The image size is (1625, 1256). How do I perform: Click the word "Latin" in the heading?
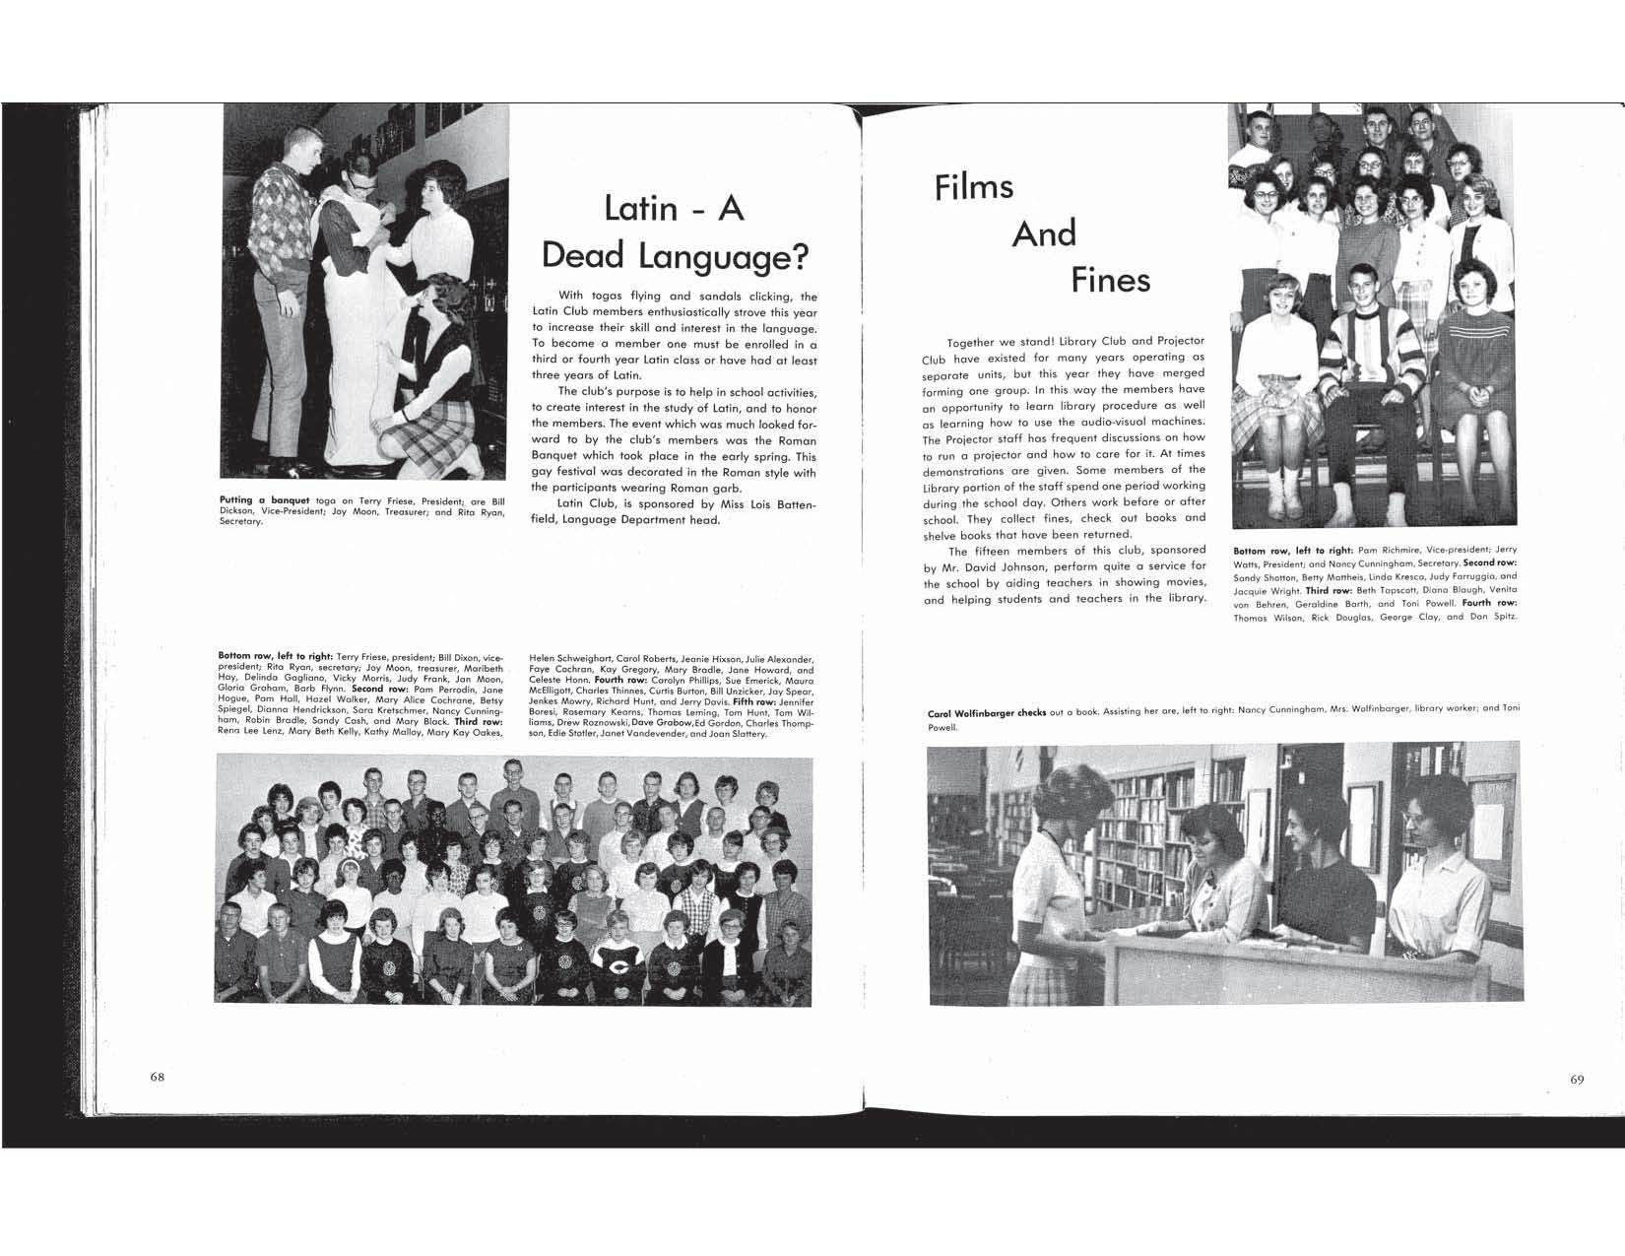pos(641,209)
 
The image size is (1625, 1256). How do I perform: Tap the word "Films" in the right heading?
pos(974,186)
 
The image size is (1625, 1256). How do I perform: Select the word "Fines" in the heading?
pos(1111,281)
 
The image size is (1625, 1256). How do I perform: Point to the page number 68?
pos(158,1077)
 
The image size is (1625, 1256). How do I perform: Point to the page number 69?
pos(1577,1080)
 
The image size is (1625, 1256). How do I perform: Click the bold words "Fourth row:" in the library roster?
pos(1489,602)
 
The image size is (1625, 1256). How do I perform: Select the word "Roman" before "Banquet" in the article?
pos(798,440)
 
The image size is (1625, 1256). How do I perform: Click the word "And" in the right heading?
pos(1044,234)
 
